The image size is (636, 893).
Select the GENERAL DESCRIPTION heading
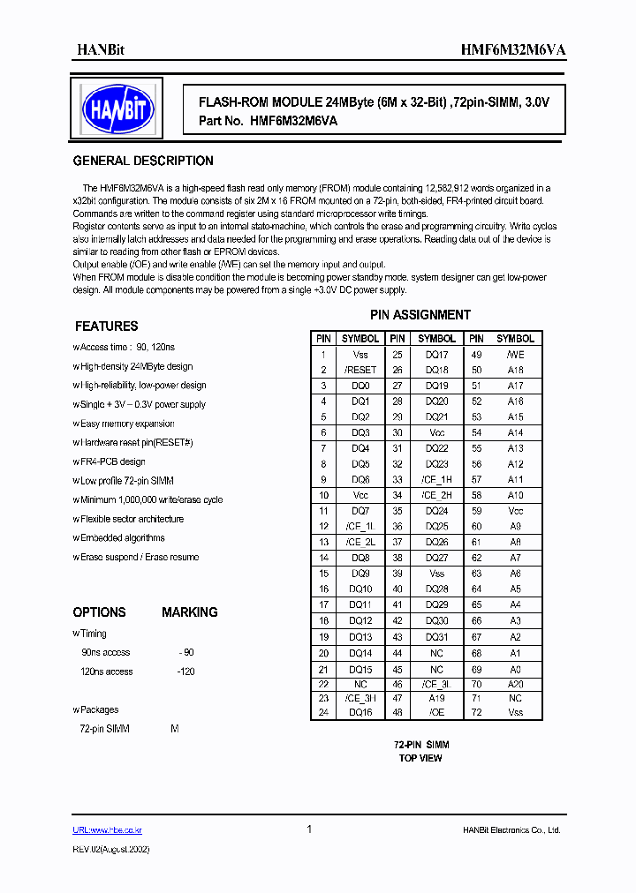(x=143, y=161)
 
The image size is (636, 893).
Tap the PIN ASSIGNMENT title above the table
(x=420, y=315)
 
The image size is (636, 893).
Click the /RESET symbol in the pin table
(x=360, y=371)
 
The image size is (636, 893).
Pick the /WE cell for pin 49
(x=515, y=355)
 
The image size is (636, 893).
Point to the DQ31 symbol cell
(x=436, y=637)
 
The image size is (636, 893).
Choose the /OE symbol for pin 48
(x=436, y=712)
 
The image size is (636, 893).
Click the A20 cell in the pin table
(x=515, y=684)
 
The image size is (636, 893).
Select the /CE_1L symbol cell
(x=360, y=527)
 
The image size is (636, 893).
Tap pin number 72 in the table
(x=477, y=712)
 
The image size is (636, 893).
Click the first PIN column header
(x=323, y=339)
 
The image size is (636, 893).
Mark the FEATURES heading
(x=106, y=326)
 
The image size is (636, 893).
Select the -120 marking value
(x=185, y=672)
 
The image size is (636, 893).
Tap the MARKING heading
(x=189, y=612)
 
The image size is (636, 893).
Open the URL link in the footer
(x=107, y=830)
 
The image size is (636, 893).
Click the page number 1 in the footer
(x=309, y=829)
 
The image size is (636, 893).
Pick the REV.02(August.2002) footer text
(x=110, y=849)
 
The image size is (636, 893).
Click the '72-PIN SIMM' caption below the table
(x=420, y=745)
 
